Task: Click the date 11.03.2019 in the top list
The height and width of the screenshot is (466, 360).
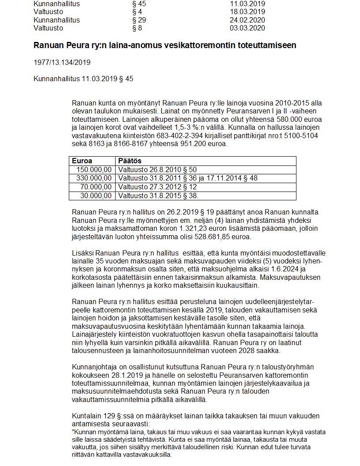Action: [247, 4]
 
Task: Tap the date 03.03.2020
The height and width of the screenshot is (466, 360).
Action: [247, 28]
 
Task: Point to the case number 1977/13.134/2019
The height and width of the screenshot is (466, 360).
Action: [62, 62]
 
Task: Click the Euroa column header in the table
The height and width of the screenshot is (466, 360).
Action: [82, 161]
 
